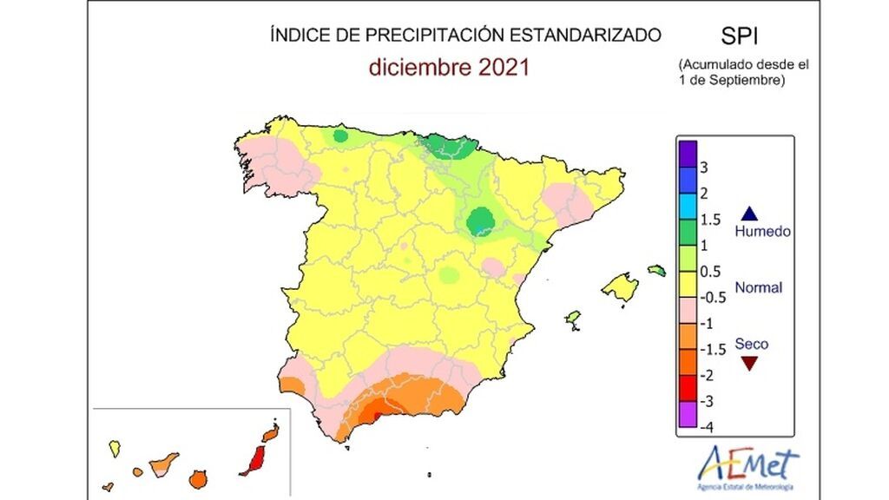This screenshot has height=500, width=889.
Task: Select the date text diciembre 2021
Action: [x=449, y=68]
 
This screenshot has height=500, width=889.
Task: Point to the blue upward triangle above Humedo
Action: [x=751, y=214]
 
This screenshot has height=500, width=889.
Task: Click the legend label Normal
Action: [x=758, y=287]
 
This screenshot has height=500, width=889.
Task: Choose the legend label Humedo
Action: [x=761, y=232]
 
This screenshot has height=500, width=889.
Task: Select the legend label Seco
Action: [x=751, y=344]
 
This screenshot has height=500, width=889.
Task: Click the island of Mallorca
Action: [x=621, y=286]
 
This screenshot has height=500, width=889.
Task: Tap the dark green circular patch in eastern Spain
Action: [x=478, y=220]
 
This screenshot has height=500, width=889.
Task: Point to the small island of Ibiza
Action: [x=573, y=319]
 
